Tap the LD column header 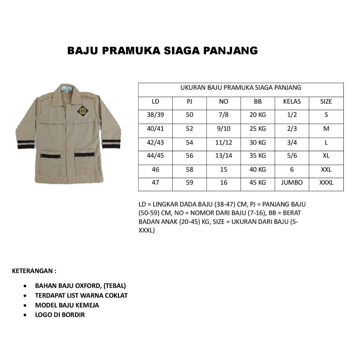click(x=155, y=102)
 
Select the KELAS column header click(x=292, y=102)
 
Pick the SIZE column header click(x=326, y=102)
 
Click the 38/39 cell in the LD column click(x=155, y=115)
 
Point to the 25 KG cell click(x=258, y=129)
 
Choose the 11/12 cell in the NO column click(x=224, y=142)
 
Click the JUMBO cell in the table click(x=292, y=182)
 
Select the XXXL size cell click(x=326, y=182)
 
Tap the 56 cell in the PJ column click(x=189, y=156)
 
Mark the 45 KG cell click(x=258, y=182)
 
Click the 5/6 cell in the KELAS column click(x=292, y=156)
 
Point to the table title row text click(x=241, y=88)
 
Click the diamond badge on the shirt click(x=83, y=110)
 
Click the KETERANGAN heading click(x=34, y=271)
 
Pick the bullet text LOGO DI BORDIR click(x=60, y=315)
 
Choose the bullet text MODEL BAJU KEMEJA click(x=67, y=305)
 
